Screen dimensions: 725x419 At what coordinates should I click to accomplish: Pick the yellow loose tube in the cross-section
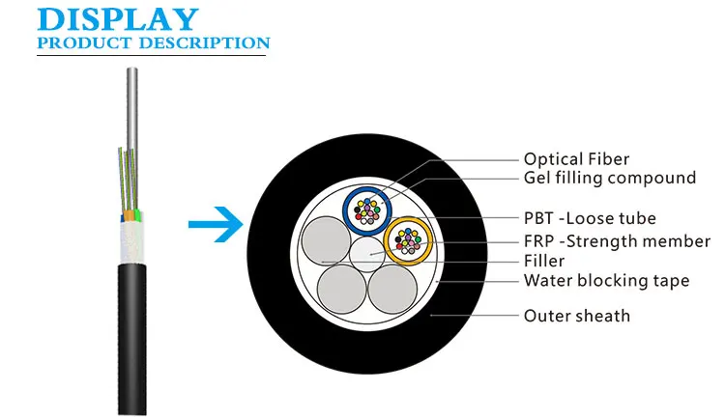408,241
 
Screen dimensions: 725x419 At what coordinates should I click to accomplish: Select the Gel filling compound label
609,178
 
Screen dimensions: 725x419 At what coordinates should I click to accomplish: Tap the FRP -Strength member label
616,241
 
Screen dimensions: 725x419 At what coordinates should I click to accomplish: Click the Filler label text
543,261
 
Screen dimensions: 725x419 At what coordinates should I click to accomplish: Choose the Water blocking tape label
606,281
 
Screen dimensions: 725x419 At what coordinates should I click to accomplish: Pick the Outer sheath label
576,316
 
